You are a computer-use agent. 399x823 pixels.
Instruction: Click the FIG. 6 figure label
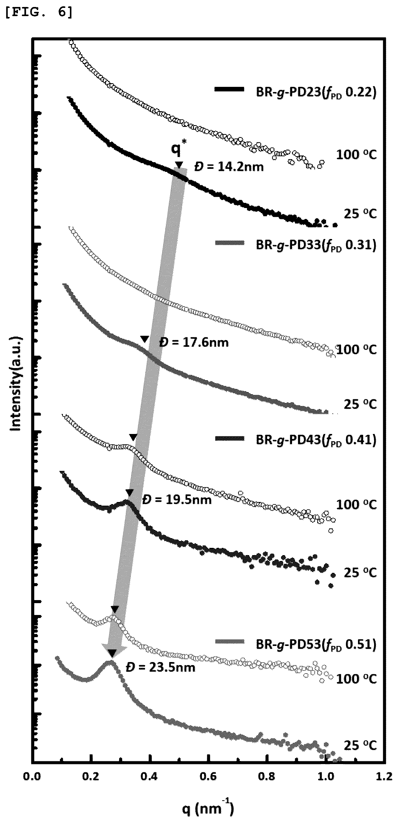[x=39, y=12]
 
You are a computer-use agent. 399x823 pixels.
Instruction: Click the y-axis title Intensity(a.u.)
[x=15, y=383]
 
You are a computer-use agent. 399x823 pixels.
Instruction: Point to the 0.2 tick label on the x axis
[x=91, y=776]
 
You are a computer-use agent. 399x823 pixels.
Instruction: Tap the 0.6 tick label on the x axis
[x=208, y=776]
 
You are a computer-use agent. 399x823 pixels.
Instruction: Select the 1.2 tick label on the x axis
[x=384, y=776]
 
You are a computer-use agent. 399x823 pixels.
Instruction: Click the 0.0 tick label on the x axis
[x=32, y=776]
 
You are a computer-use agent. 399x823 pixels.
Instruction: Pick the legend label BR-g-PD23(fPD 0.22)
[x=316, y=93]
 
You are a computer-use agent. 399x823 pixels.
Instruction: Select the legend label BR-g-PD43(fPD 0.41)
[x=316, y=440]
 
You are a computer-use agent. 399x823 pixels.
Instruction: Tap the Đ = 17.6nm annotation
[x=194, y=343]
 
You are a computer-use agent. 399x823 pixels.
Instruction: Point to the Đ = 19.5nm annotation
[x=177, y=499]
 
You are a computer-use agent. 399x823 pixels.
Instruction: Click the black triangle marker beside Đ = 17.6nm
[x=145, y=339]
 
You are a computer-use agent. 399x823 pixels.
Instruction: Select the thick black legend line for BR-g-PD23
[x=230, y=90]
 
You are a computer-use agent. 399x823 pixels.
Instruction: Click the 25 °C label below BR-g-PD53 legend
[x=360, y=745]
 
